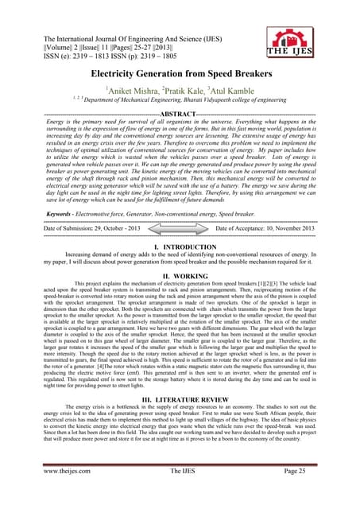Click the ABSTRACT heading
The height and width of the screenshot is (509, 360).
click(x=180, y=115)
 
